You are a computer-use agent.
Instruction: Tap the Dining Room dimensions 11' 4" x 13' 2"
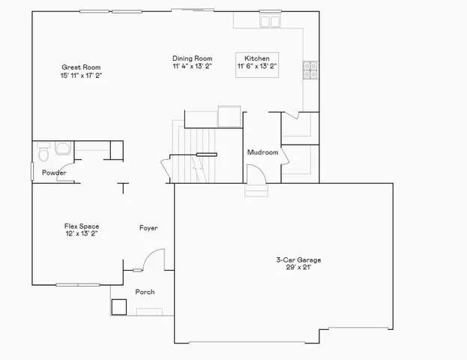[x=192, y=66]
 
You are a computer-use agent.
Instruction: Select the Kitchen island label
[x=257, y=58]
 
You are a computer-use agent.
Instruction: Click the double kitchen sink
[x=269, y=22]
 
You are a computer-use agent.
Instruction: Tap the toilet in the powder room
[x=43, y=154]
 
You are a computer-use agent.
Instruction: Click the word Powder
[x=54, y=173]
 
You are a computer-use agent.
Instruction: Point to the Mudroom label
[x=262, y=152]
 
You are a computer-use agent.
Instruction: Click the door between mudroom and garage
[x=256, y=174]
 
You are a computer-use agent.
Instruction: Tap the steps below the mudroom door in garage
[x=256, y=190]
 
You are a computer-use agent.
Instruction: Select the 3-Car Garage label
[x=298, y=259]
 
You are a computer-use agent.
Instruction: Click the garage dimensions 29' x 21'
[x=298, y=267]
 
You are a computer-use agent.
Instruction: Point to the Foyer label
[x=148, y=227]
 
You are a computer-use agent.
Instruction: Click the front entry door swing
[x=152, y=259]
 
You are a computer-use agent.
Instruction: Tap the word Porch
[x=145, y=292]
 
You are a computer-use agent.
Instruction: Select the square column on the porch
[x=118, y=307]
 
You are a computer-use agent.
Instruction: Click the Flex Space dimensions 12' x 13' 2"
[x=81, y=233]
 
